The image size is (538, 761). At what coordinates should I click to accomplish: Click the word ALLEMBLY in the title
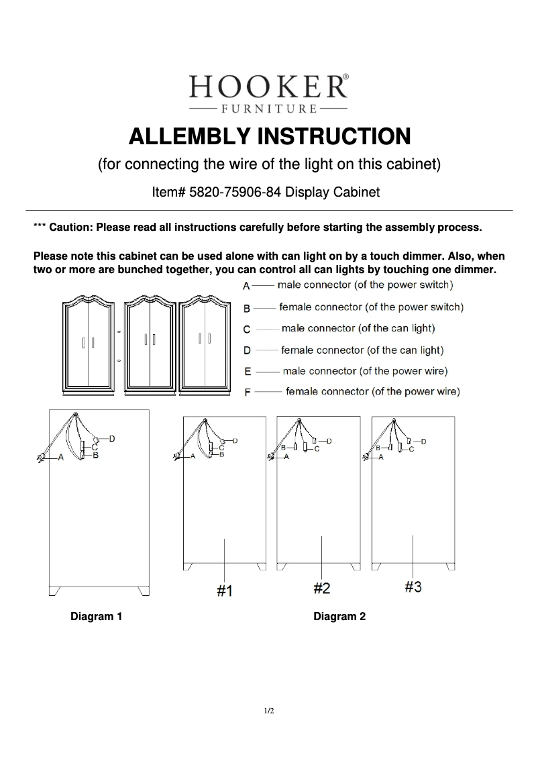coord(189,136)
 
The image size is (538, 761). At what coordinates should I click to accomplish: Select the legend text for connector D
coord(362,350)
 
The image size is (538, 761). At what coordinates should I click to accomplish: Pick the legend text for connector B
coord(371,307)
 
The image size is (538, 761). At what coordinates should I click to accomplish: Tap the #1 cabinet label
coord(224,591)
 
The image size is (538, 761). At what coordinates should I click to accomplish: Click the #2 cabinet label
coord(322,589)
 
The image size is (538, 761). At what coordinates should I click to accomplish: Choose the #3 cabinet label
coord(413,587)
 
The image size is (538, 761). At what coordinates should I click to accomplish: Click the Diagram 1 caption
coord(97,617)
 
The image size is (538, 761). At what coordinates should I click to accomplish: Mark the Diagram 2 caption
coord(339,617)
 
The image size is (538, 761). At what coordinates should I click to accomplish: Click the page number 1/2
coord(269,711)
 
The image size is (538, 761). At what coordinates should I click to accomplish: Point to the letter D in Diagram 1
coord(112,438)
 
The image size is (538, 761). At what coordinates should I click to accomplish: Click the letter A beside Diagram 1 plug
coord(61,457)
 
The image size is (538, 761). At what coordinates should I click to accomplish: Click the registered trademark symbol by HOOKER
coord(346,77)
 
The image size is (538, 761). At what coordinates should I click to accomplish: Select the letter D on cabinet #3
coord(423,441)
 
